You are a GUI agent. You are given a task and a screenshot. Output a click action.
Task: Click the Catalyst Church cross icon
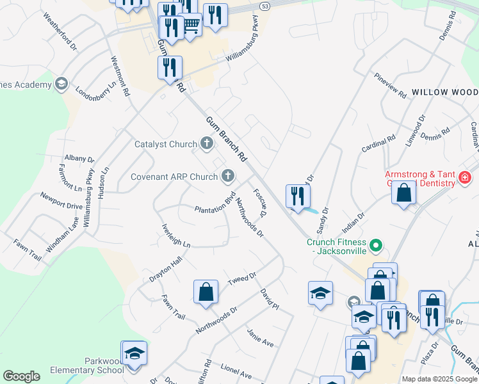coord(206,143)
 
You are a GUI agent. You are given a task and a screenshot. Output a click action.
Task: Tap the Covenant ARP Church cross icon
coord(227,176)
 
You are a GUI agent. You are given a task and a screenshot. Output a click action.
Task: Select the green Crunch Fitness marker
coord(377,244)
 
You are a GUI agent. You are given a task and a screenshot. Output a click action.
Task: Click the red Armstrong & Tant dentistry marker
coord(465,177)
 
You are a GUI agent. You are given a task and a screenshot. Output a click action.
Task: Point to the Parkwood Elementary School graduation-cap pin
coord(134,354)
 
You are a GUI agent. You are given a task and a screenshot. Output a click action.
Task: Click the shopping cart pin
coord(190,26)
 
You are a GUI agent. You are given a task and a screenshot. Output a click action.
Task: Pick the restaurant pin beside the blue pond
coord(297,195)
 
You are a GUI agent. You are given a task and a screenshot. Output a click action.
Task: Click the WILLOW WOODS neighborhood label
coord(444,92)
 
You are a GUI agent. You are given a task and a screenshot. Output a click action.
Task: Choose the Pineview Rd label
coord(391,86)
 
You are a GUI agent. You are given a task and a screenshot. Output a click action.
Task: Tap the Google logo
coord(21,376)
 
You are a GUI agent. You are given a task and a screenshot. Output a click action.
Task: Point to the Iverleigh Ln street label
coord(177,236)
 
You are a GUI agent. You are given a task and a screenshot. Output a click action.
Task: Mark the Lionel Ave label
coord(236,371)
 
